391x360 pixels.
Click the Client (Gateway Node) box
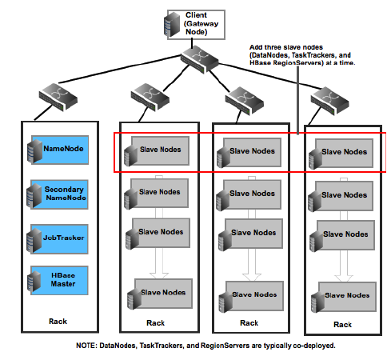click(196, 25)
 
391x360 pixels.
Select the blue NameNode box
click(60, 150)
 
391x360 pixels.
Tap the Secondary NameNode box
click(59, 194)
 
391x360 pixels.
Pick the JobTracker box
click(59, 239)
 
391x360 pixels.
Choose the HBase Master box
click(59, 280)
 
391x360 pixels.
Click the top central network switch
click(199, 59)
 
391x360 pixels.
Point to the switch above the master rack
click(58, 97)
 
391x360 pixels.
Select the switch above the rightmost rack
click(330, 101)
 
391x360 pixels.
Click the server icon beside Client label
click(172, 25)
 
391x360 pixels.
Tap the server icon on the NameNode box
click(35, 151)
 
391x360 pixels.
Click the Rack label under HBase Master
click(58, 322)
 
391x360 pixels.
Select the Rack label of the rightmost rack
click(342, 325)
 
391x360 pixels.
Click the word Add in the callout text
click(255, 47)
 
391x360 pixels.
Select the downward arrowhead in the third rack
click(252, 278)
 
